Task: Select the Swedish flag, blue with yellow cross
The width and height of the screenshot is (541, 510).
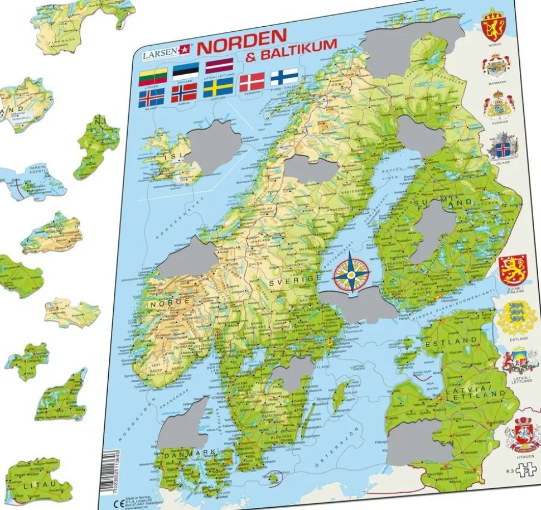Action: (x=218, y=88)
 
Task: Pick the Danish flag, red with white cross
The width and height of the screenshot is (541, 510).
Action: (x=252, y=82)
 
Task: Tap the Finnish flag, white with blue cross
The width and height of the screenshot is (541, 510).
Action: (x=284, y=76)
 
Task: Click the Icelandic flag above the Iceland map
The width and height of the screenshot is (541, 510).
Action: (x=151, y=99)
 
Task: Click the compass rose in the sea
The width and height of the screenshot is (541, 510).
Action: (x=351, y=272)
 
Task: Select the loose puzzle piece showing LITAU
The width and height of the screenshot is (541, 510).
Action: (x=38, y=480)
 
